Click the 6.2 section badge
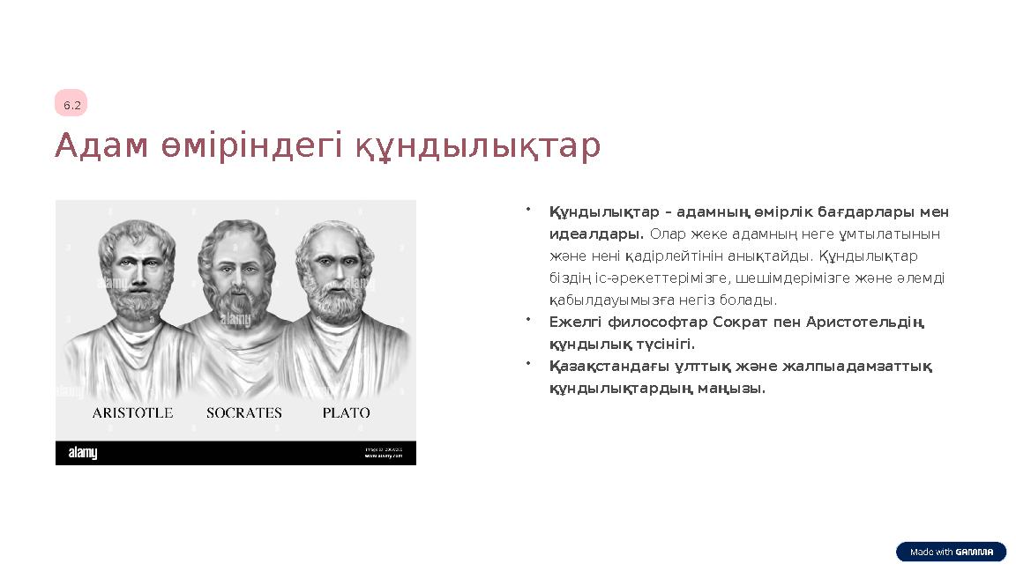(71, 105)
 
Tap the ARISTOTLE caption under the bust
(133, 412)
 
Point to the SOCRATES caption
(244, 412)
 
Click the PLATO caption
(346, 412)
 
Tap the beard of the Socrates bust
(235, 300)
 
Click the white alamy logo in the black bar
(84, 453)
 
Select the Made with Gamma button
(951, 552)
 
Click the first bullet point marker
(527, 210)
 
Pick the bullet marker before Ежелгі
(527, 319)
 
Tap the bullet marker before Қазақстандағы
(527, 363)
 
